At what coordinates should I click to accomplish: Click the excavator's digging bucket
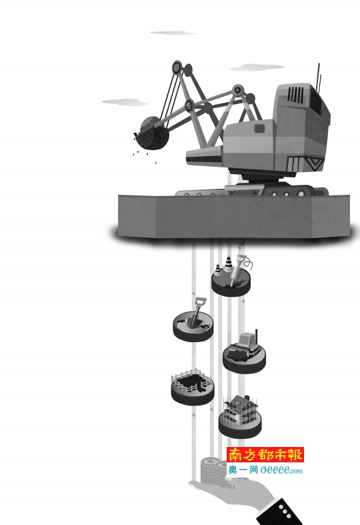(x=151, y=134)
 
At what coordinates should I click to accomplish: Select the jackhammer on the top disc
(x=239, y=270)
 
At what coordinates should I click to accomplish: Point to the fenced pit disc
(x=193, y=387)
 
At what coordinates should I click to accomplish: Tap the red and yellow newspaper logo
(x=265, y=455)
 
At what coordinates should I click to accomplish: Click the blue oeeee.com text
(x=281, y=470)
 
